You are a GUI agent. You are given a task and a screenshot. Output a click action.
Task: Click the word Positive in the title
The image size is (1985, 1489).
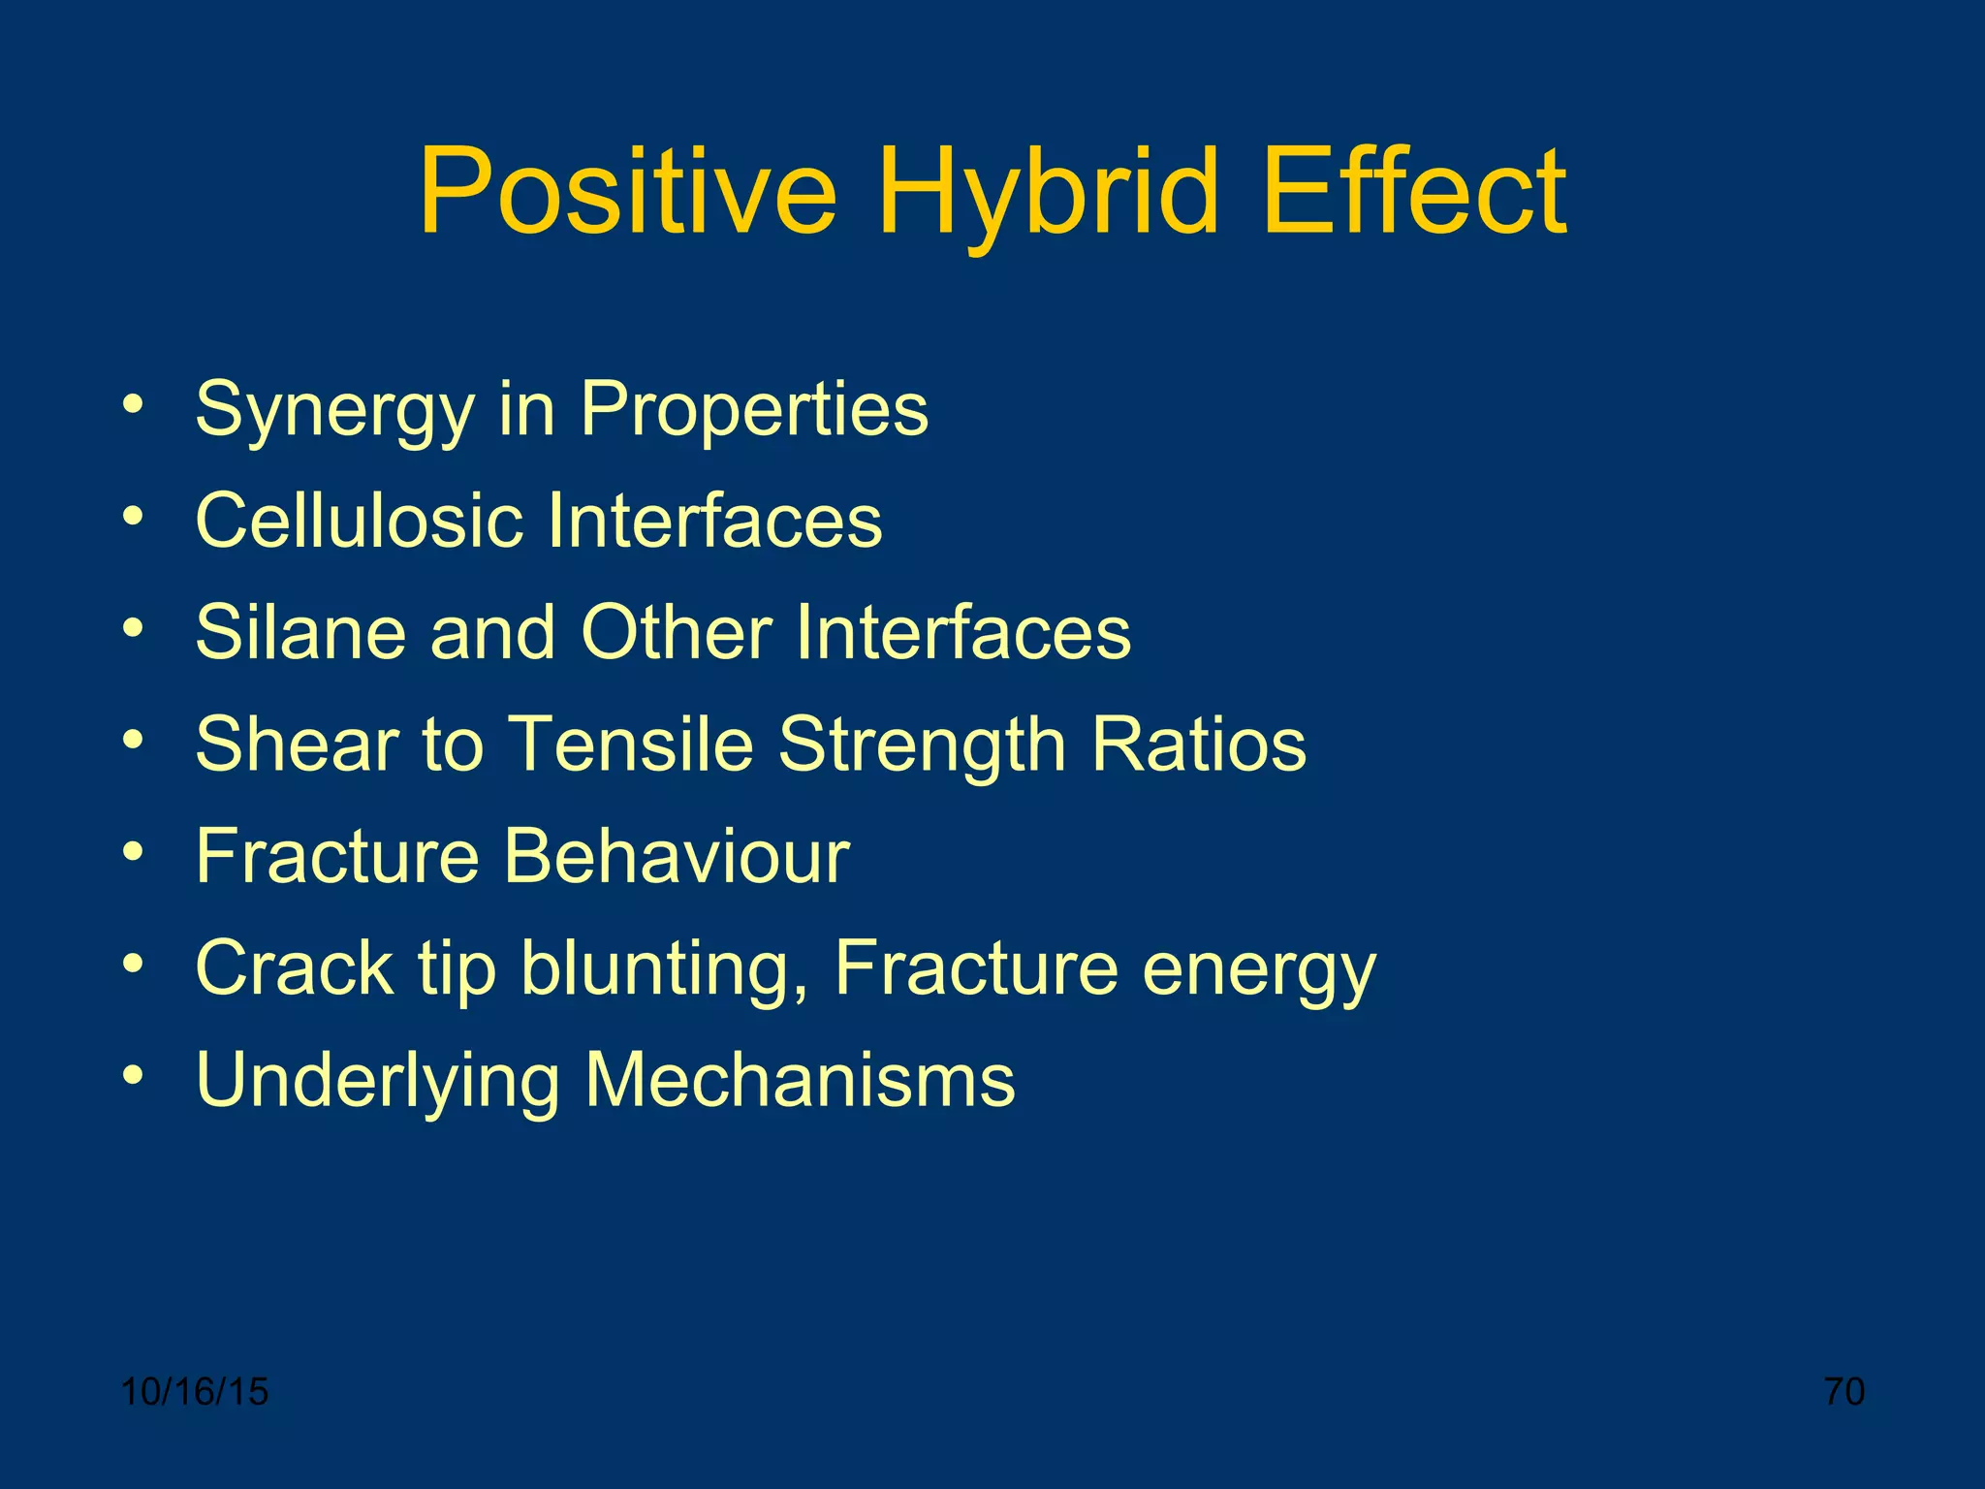tap(627, 191)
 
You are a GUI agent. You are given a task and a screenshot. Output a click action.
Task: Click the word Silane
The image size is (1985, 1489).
tap(299, 632)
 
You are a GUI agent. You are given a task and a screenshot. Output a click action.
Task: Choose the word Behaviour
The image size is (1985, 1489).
tap(677, 856)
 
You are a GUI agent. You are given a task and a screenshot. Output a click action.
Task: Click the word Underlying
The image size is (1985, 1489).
tap(377, 1082)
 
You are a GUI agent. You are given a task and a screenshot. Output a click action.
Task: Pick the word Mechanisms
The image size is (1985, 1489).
tap(800, 1080)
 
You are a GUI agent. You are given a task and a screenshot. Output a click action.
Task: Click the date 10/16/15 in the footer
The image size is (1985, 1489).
tap(195, 1392)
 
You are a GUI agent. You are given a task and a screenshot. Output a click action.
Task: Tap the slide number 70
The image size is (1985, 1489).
tap(1844, 1392)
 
